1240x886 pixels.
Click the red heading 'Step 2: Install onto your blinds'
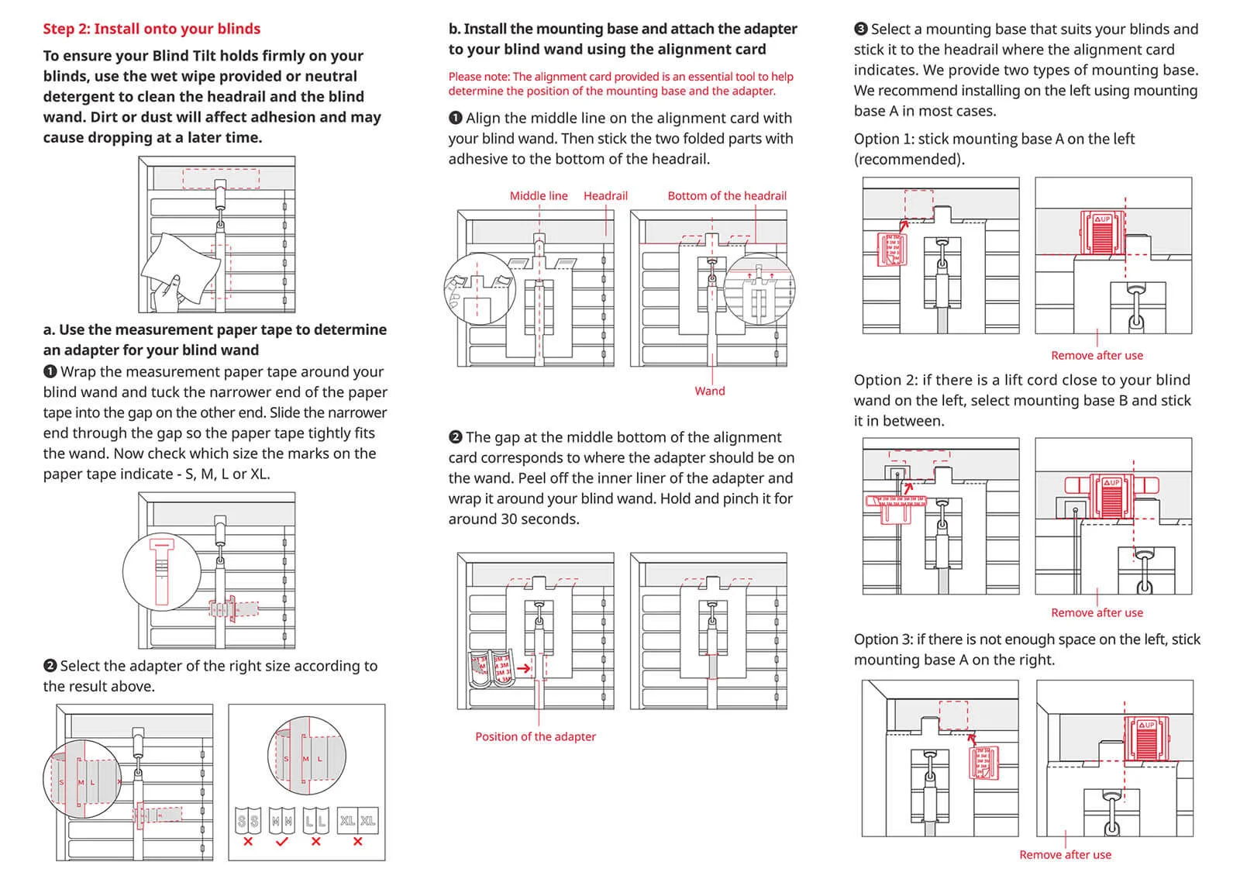pyautogui.click(x=151, y=29)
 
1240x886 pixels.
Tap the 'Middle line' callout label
pyautogui.click(x=538, y=195)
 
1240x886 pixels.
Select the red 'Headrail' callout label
pyautogui.click(x=605, y=195)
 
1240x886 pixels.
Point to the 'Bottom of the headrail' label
pyautogui.click(x=726, y=195)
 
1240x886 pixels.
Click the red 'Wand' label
pyautogui.click(x=709, y=391)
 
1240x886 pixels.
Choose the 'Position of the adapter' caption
pyautogui.click(x=536, y=736)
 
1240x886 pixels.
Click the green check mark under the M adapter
pyautogui.click(x=281, y=841)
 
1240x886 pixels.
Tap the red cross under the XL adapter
pyautogui.click(x=357, y=841)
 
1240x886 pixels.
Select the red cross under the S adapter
pyautogui.click(x=248, y=841)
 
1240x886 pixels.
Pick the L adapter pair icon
pyautogui.click(x=315, y=821)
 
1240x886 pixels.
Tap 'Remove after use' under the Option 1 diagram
pyautogui.click(x=1097, y=355)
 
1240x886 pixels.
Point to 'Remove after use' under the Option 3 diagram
pyautogui.click(x=1065, y=854)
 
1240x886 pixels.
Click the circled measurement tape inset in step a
pyautogui.click(x=162, y=571)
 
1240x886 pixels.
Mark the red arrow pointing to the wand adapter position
pyautogui.click(x=524, y=667)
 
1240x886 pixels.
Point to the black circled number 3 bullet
pyautogui.click(x=860, y=29)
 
